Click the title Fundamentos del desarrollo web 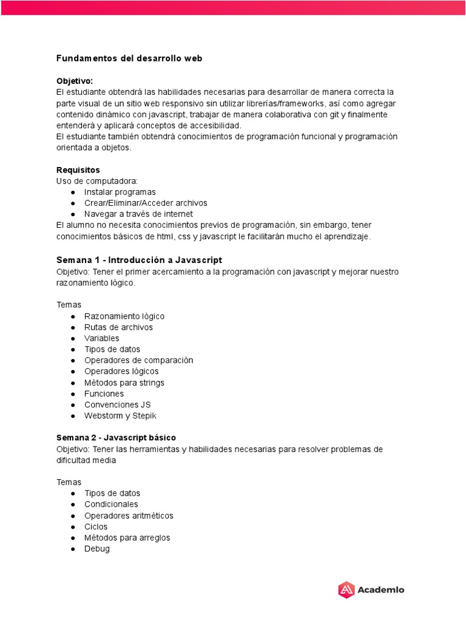click(129, 58)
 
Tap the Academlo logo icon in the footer click(346, 589)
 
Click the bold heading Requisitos click(78, 169)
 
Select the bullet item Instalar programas click(120, 192)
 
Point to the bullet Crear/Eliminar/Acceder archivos click(146, 203)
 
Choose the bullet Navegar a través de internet click(138, 214)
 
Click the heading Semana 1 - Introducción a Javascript click(139, 259)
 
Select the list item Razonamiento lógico click(124, 316)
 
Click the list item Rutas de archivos click(118, 327)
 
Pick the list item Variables click(101, 338)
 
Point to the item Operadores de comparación click(138, 360)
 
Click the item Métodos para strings click(124, 383)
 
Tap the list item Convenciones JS click(117, 405)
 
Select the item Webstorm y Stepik click(120, 415)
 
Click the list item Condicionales click(111, 504)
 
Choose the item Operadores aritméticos click(129, 515)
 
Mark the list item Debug click(97, 549)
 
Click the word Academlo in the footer click(380, 589)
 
